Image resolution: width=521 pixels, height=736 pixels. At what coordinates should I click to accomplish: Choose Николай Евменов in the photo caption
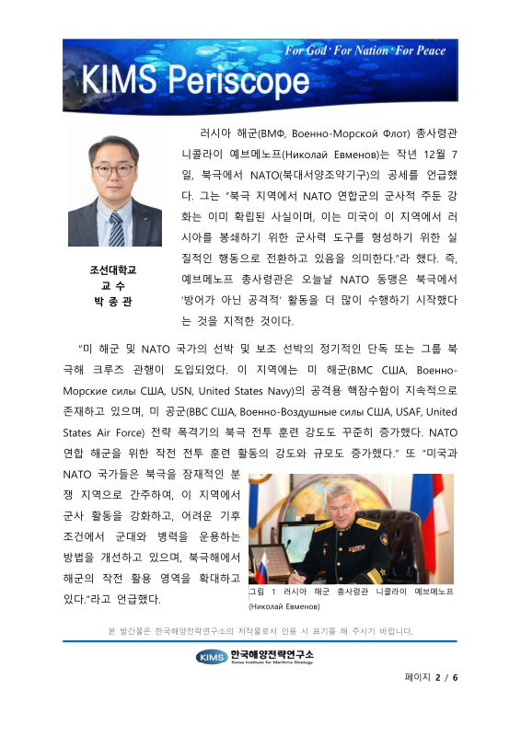[286, 608]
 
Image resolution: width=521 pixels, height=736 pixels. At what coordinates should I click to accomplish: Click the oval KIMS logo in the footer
[211, 656]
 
